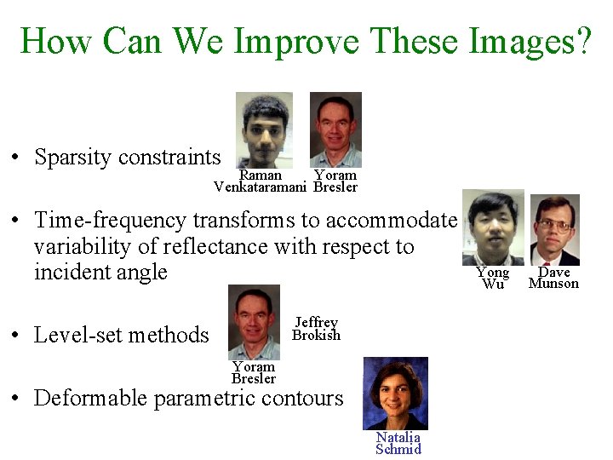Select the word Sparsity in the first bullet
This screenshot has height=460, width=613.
72,158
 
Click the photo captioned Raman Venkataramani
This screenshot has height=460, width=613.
264,129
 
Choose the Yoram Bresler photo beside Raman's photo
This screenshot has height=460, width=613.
335,129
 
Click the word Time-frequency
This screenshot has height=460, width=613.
111,221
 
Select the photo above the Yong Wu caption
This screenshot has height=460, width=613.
493,227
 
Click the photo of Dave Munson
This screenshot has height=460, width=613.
554,230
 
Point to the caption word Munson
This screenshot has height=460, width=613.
553,284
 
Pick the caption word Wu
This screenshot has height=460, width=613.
493,285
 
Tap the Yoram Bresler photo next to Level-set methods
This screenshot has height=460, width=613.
254,322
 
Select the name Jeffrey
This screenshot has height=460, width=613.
316,322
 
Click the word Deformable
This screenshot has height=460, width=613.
90,398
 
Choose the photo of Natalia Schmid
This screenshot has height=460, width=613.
396,393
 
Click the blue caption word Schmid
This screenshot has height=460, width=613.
398,449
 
